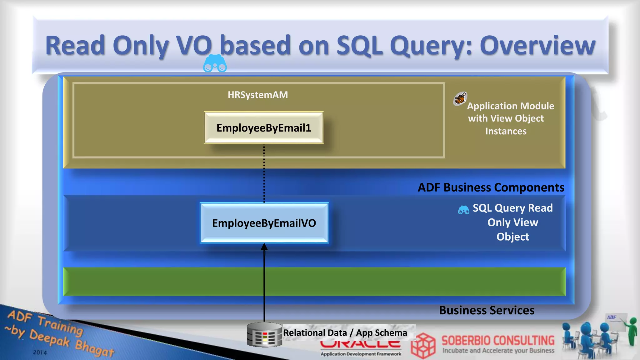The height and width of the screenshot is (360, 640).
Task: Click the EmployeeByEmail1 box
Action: (x=264, y=128)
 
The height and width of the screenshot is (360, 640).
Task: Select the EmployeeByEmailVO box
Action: (x=264, y=223)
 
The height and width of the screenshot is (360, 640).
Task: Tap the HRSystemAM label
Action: (x=258, y=95)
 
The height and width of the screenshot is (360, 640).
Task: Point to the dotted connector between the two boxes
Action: (x=264, y=173)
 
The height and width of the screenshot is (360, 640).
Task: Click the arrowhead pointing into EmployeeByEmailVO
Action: (x=264, y=247)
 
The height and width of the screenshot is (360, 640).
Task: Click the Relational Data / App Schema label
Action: (x=345, y=333)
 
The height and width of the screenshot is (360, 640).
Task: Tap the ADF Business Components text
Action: (x=491, y=187)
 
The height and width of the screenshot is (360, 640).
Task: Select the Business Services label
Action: (x=487, y=310)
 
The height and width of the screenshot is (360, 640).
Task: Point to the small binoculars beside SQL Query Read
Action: (x=463, y=210)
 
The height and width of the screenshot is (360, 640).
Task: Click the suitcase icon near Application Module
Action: (x=460, y=99)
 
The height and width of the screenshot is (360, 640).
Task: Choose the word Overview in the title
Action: (x=537, y=46)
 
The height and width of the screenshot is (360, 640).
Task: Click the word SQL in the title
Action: (x=359, y=46)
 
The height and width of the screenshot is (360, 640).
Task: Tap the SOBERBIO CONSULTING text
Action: (x=498, y=340)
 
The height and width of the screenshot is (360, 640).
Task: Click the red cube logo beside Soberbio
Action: (x=423, y=345)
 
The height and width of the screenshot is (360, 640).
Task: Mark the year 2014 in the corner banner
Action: (x=40, y=352)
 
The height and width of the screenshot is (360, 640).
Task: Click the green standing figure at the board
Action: (x=632, y=331)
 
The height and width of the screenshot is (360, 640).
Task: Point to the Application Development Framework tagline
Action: (x=361, y=354)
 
